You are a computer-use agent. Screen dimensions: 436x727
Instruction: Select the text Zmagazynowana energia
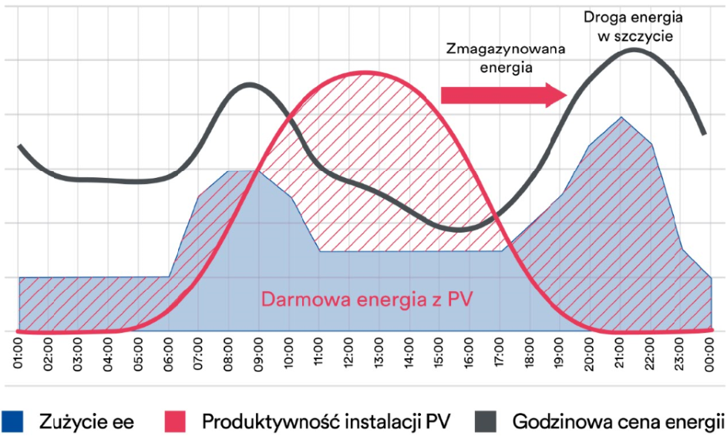pyautogui.click(x=505, y=58)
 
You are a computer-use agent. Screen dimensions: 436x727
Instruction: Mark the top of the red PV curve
pyautogui.click(x=362, y=73)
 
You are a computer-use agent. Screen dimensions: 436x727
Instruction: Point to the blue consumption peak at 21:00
pyautogui.click(x=621, y=117)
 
